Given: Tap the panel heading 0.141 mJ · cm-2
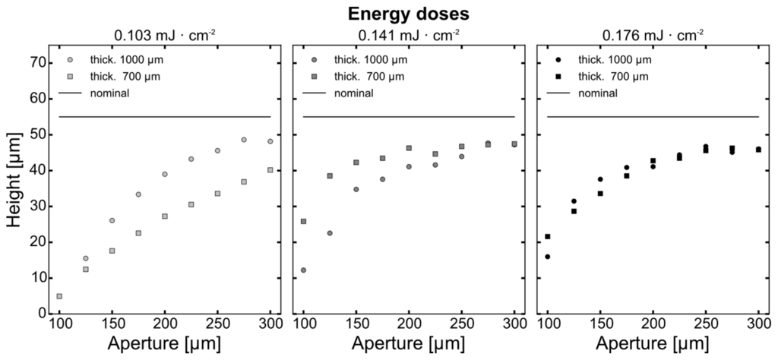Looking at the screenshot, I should pyautogui.click(x=409, y=34).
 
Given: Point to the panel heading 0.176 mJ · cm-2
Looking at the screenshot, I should pyautogui.click(x=653, y=34).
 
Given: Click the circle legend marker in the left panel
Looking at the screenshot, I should pyautogui.click(x=71, y=59).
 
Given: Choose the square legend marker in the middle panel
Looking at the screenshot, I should pyautogui.click(x=315, y=76).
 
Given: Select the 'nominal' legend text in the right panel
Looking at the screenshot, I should pyautogui.click(x=596, y=93).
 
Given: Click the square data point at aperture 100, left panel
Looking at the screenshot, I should pyautogui.click(x=59, y=296).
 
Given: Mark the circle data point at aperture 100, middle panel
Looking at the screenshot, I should pyautogui.click(x=304, y=270).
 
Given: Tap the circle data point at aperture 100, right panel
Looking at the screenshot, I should pyautogui.click(x=548, y=257).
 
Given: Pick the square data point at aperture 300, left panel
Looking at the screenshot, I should pyautogui.click(x=270, y=170).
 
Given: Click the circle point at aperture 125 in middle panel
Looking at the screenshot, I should pyautogui.click(x=330, y=233).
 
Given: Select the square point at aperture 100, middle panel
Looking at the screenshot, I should pyautogui.click(x=304, y=222).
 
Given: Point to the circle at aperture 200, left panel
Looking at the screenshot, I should pyautogui.click(x=165, y=174).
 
